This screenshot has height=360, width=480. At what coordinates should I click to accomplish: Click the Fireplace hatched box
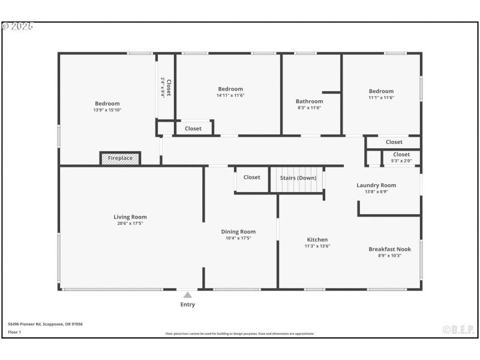click(x=120, y=158)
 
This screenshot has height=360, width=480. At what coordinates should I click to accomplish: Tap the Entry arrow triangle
click(x=188, y=295)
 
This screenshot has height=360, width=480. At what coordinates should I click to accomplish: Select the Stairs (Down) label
click(x=298, y=178)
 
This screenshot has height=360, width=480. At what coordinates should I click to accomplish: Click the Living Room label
click(x=130, y=217)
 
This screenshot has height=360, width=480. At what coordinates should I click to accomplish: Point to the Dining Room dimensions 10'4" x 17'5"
click(x=238, y=238)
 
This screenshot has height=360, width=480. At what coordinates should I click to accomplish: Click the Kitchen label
click(x=317, y=239)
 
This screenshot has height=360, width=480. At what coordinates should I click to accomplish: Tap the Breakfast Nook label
click(x=389, y=249)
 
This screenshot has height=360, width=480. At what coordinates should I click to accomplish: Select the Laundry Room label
click(x=376, y=185)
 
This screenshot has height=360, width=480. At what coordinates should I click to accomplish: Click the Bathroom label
click(x=309, y=101)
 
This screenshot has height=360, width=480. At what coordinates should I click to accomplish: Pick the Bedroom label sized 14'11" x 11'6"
click(x=230, y=89)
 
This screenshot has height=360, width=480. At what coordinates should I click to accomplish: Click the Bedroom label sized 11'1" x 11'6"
click(x=381, y=91)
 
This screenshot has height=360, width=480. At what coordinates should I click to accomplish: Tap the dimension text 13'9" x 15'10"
click(x=107, y=110)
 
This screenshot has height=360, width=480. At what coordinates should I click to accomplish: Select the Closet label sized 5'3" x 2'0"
click(x=401, y=155)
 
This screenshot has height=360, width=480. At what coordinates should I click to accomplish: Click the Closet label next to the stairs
click(x=251, y=177)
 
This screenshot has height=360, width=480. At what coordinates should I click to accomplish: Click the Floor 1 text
click(x=14, y=332)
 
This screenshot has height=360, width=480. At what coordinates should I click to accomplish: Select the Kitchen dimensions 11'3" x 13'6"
click(x=317, y=246)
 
